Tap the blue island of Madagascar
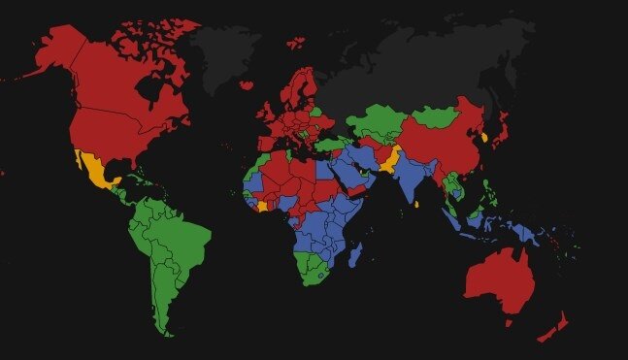pos(356,256)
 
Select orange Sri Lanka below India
pos(416,204)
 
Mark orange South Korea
pos(484,139)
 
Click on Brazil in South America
pos(180,238)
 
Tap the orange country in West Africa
pos(259,205)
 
